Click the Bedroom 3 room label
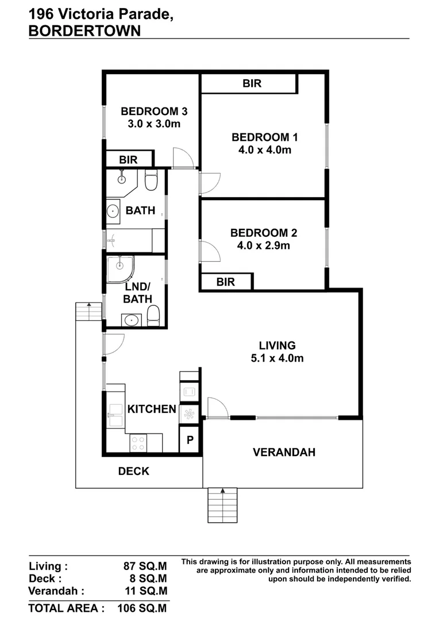click(153, 112)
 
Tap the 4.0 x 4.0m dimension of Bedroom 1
click(264, 151)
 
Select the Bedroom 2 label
click(264, 233)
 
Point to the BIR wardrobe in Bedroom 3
click(129, 159)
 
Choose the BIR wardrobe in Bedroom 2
click(225, 282)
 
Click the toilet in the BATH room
click(151, 181)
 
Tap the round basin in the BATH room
click(112, 212)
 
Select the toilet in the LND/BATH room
click(153, 316)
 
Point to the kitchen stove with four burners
click(138, 442)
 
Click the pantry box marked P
click(190, 441)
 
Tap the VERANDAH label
click(284, 453)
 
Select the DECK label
click(133, 471)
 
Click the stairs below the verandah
click(222, 505)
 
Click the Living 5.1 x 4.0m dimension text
click(277, 358)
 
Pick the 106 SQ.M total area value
click(142, 608)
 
